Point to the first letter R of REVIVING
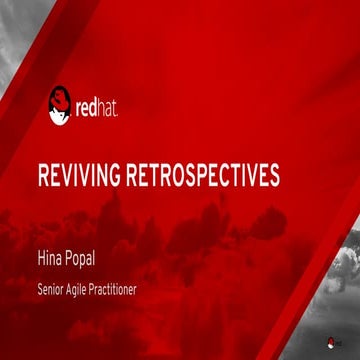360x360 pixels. point(42,176)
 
